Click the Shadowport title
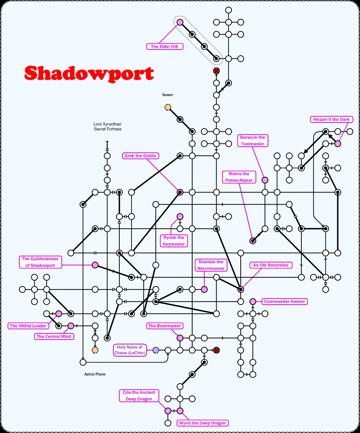[x=89, y=73]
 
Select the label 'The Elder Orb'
[x=165, y=46]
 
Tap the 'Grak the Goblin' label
[x=140, y=156]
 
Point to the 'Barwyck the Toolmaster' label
[x=253, y=141]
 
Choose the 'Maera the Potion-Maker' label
[x=239, y=177]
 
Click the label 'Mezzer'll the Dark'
[x=331, y=119]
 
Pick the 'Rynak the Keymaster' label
[x=174, y=241]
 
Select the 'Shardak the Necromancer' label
[x=211, y=265]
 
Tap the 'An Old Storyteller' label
[x=271, y=265]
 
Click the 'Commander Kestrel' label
[x=284, y=301]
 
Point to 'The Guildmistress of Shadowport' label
[x=40, y=262]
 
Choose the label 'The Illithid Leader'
[x=28, y=326]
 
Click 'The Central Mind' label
[x=54, y=336]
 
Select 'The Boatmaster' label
[x=164, y=326]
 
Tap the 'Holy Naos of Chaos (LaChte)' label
[x=129, y=350]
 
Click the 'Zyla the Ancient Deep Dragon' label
[x=139, y=395]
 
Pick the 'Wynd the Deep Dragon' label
[x=202, y=423]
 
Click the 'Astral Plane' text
[x=95, y=374]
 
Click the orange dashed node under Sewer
[x=168, y=107]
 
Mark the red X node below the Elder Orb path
[x=216, y=70]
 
